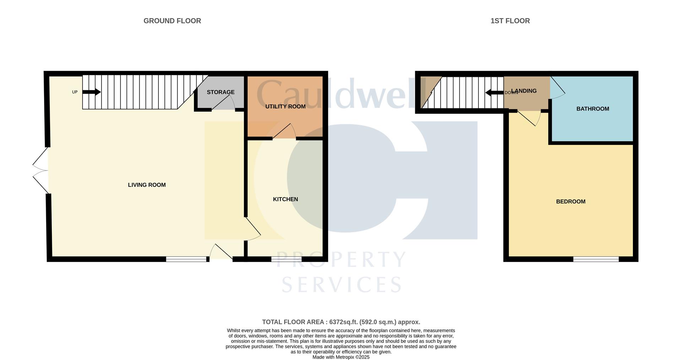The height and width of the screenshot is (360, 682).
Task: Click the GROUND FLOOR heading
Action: pyautogui.click(x=172, y=21)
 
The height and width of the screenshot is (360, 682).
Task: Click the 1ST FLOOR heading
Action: pyautogui.click(x=510, y=21)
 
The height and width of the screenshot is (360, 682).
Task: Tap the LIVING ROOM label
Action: pyautogui.click(x=147, y=185)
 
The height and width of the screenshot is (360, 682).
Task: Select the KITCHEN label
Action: pyautogui.click(x=285, y=199)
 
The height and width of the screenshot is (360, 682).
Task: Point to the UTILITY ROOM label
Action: pyautogui.click(x=285, y=107)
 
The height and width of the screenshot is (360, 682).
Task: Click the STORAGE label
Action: pyautogui.click(x=220, y=92)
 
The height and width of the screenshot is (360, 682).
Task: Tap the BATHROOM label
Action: pyautogui.click(x=592, y=109)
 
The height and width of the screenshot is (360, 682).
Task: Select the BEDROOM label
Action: pyautogui.click(x=570, y=202)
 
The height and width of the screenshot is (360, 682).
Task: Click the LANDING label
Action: pyautogui.click(x=524, y=91)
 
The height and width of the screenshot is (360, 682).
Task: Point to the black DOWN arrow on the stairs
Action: pyautogui.click(x=494, y=93)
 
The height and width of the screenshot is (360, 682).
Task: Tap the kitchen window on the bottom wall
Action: pyautogui.click(x=286, y=259)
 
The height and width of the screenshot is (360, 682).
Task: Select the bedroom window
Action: pyautogui.click(x=596, y=259)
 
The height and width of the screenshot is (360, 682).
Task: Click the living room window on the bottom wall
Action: pyautogui.click(x=186, y=259)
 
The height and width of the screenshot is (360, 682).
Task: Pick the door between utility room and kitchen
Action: pyautogui.click(x=284, y=131)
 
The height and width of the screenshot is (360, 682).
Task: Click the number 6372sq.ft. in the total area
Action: pyautogui.click(x=343, y=322)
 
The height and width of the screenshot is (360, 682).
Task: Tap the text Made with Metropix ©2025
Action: pyautogui.click(x=341, y=357)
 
